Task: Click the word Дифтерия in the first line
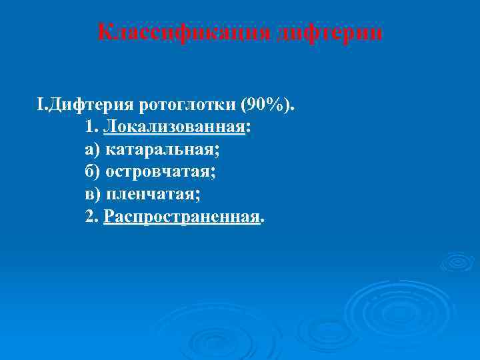click(91, 105)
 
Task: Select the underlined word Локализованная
click(174, 127)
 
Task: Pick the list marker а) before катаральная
click(93, 150)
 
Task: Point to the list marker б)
click(93, 172)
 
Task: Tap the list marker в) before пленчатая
click(93, 195)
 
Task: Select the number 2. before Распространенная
click(93, 217)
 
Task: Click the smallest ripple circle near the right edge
click(457, 261)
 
